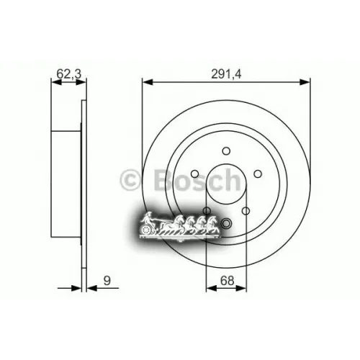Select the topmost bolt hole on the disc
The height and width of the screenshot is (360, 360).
coord(225,150)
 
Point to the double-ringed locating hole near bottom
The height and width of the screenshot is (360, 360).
coord(225,223)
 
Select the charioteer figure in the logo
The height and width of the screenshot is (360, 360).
coord(150,217)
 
